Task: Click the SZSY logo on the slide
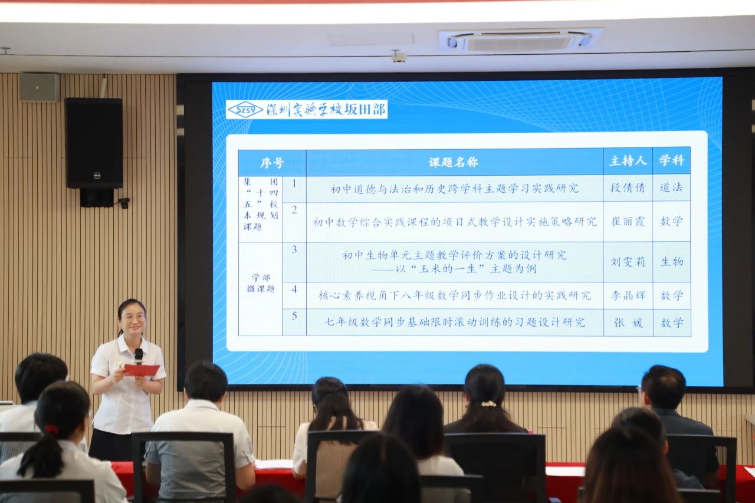pos(245,110)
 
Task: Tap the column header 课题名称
pos(454,162)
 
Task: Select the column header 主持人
pos(628,161)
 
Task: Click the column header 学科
pos(671,161)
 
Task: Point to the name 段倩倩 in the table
pos(627,188)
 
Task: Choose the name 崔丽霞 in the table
pos(628,221)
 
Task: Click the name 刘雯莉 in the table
pos(628,262)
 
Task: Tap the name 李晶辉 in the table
pos(628,295)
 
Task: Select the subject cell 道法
pos(671,188)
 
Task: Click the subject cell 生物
pos(672,261)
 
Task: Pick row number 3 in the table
pos(294,249)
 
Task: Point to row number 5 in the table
pos(294,316)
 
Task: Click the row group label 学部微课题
pos(261,283)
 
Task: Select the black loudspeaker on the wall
pos(94,143)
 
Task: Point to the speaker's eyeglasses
pos(134,317)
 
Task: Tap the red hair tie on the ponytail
pos(52,429)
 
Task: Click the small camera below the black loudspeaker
pos(124,203)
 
